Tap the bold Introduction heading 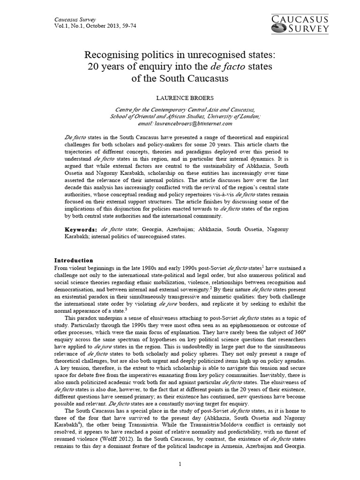tap(74, 260)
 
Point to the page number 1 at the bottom tap(180, 464)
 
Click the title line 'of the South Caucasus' tap(180, 78)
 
